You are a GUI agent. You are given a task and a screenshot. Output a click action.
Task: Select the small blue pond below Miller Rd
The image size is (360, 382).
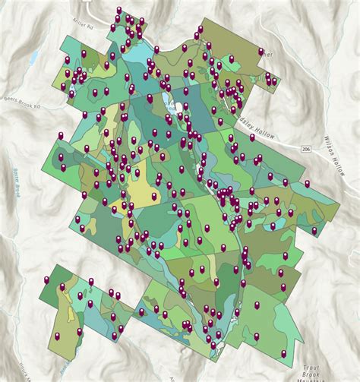click(x=33, y=58)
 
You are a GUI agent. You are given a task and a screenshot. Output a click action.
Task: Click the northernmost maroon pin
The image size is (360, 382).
click(x=118, y=11)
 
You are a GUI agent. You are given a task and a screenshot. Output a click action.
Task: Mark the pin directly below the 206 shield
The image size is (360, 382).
click(x=307, y=183)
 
